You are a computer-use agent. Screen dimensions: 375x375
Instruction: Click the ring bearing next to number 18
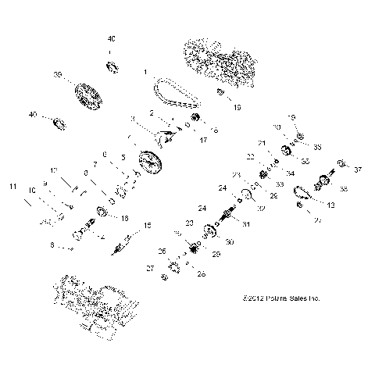point(102,211)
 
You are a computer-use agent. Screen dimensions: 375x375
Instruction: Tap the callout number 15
point(146,227)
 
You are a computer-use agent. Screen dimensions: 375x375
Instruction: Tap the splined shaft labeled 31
point(232,216)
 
